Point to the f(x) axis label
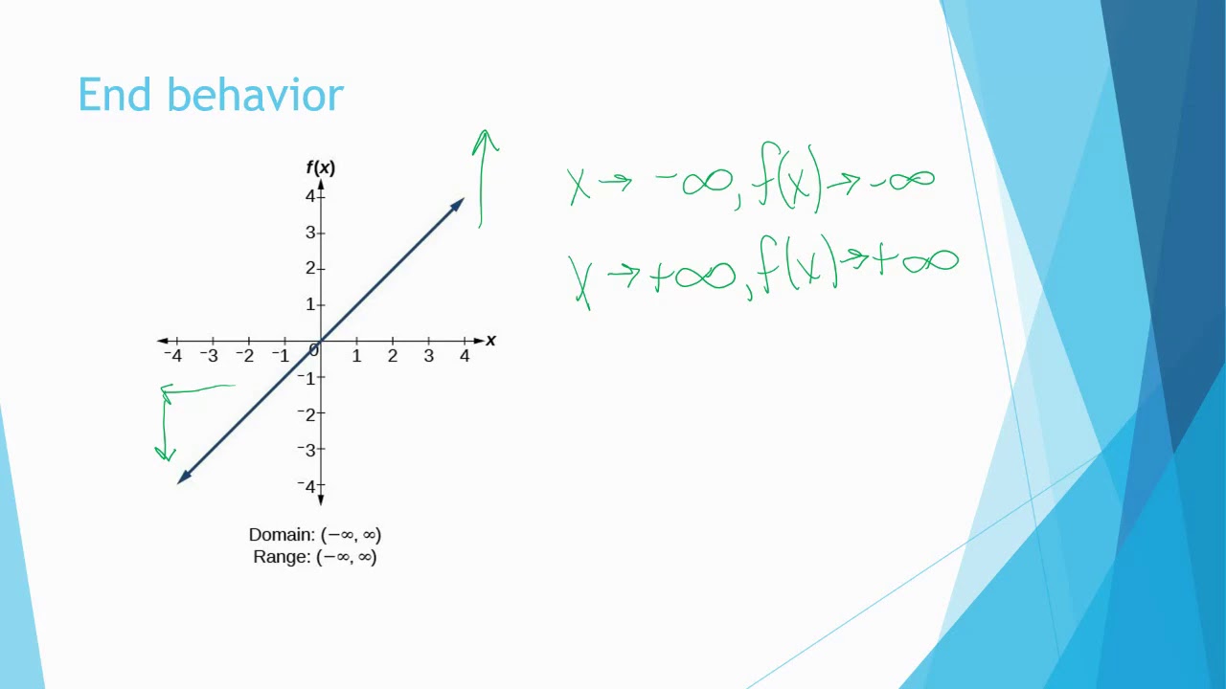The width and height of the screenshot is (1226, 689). click(x=320, y=168)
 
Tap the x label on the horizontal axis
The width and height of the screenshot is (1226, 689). click(x=491, y=341)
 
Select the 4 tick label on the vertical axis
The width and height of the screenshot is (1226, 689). click(x=309, y=196)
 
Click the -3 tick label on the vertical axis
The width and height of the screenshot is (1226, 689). click(x=306, y=450)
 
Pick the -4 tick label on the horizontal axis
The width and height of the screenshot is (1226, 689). click(x=172, y=356)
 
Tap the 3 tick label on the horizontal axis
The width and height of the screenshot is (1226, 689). click(x=428, y=356)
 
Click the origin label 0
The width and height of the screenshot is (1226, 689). click(x=313, y=351)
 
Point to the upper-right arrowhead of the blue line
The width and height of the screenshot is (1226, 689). click(x=458, y=204)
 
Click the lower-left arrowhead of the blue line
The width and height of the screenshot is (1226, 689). click(x=184, y=478)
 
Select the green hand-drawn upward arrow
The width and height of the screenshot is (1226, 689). click(x=484, y=177)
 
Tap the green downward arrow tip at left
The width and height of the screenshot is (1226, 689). click(x=166, y=453)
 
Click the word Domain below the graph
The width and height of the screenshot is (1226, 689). click(x=281, y=535)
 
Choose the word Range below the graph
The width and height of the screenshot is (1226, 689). click(x=281, y=557)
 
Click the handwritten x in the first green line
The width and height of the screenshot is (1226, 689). click(x=578, y=186)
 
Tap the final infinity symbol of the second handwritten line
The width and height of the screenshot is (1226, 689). click(x=929, y=260)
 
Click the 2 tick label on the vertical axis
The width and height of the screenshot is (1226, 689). click(x=309, y=268)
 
